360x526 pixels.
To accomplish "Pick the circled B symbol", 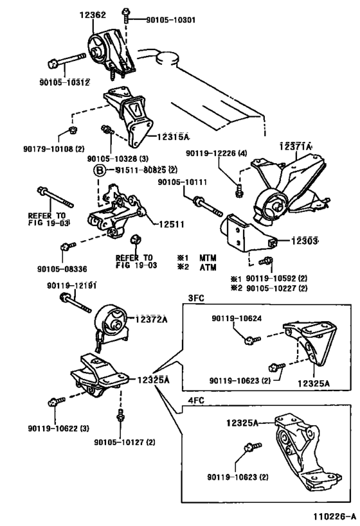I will click(x=100, y=170).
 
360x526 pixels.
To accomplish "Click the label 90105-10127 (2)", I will click(x=125, y=441).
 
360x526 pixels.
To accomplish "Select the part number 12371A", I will click(x=296, y=146).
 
